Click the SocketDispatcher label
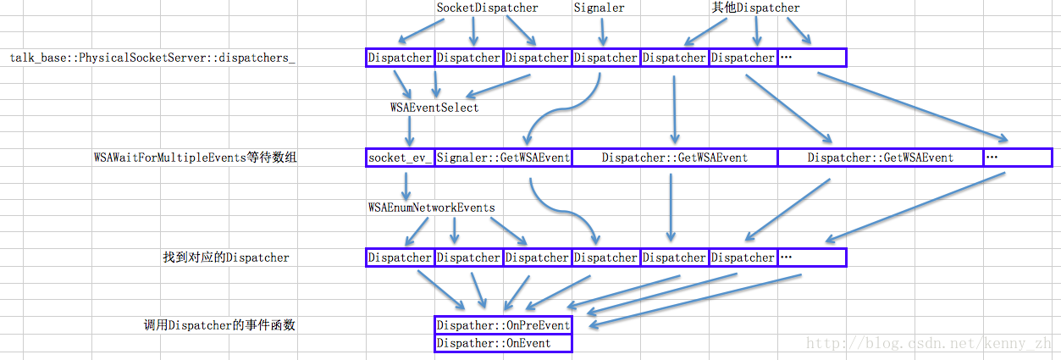[x=487, y=8]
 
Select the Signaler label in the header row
[x=599, y=8]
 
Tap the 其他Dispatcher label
[x=755, y=8]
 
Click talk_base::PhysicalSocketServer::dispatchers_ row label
[x=152, y=58]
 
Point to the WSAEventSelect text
[x=434, y=108]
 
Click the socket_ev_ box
[x=400, y=158]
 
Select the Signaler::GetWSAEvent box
[x=503, y=158]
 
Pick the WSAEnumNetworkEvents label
[x=431, y=207]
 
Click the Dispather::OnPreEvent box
[x=503, y=325]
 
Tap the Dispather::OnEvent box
[x=503, y=343]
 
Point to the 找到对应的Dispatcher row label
[x=226, y=258]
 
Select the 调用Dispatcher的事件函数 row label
[x=219, y=325]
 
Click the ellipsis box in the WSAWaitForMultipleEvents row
[x=1016, y=158]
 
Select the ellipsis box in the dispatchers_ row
[x=811, y=58]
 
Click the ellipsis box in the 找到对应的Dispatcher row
[x=811, y=258]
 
